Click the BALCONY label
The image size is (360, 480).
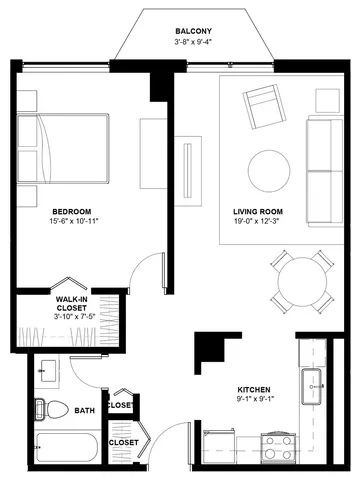[193, 31]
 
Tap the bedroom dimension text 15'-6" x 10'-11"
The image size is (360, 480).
[75, 221]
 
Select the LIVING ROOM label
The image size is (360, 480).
[258, 212]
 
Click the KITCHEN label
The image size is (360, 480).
[254, 390]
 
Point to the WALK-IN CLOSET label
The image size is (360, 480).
[71, 304]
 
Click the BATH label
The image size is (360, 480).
[85, 411]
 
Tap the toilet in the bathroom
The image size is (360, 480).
[52, 410]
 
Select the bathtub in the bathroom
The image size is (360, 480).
[67, 447]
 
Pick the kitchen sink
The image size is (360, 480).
[311, 386]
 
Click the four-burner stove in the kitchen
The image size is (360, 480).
[278, 447]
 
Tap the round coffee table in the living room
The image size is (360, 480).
[269, 171]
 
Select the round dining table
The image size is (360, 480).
[302, 282]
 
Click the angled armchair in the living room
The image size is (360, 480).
[264, 107]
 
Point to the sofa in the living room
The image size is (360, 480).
[325, 171]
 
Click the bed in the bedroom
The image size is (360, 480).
[63, 148]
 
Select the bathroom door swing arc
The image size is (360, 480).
[79, 377]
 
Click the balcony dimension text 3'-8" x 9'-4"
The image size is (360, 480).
[193, 42]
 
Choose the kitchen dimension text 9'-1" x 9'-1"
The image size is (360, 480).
[254, 399]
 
